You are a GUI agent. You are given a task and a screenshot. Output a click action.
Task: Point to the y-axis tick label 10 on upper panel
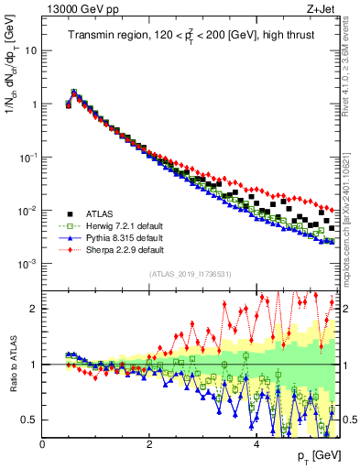[x=30, y=50]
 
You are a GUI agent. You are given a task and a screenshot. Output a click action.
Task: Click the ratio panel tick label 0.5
[x=29, y=420]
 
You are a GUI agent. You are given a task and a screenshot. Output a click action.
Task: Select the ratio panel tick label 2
[x=34, y=309]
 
